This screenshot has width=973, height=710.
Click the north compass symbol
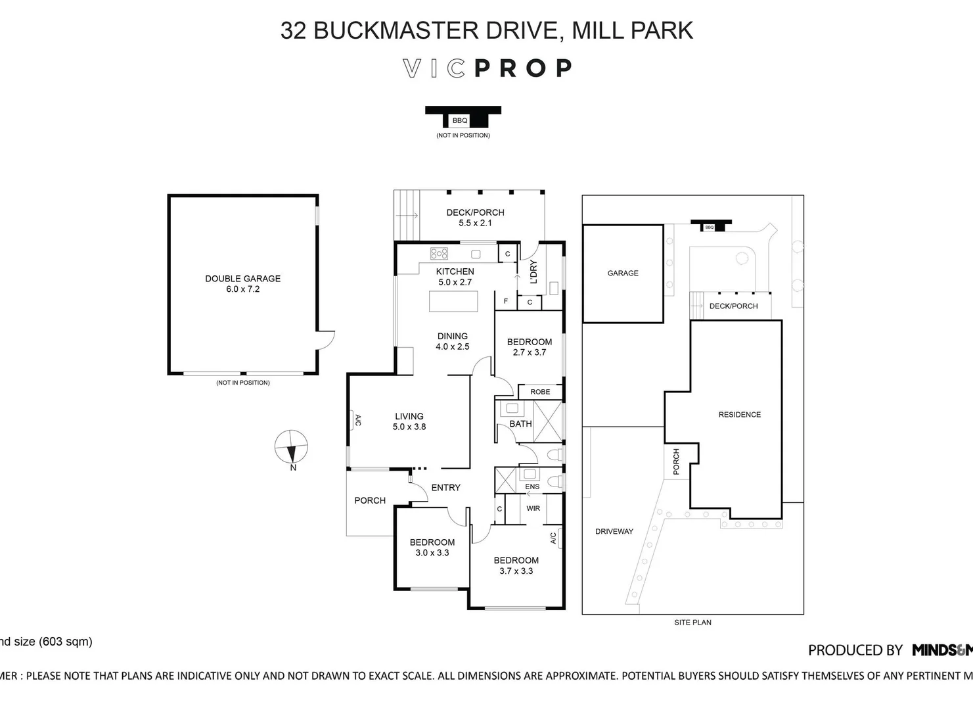290,447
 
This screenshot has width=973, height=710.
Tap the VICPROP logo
487,68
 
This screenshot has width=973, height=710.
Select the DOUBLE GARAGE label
242,279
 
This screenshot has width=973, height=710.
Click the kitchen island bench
454,301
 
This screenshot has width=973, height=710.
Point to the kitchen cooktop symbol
439,253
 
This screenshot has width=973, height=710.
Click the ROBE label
540,392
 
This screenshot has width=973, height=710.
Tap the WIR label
533,508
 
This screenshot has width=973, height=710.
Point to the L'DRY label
533,272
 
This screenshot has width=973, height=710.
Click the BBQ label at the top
459,120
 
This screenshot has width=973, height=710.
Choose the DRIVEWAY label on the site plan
614,531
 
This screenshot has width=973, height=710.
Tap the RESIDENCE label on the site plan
739,415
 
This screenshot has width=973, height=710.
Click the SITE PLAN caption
692,622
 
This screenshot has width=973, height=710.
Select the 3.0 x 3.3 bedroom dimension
432,553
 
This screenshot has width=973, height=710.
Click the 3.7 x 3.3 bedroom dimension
516,571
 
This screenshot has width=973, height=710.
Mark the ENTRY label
445,488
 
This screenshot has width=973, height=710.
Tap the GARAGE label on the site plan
623,273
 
